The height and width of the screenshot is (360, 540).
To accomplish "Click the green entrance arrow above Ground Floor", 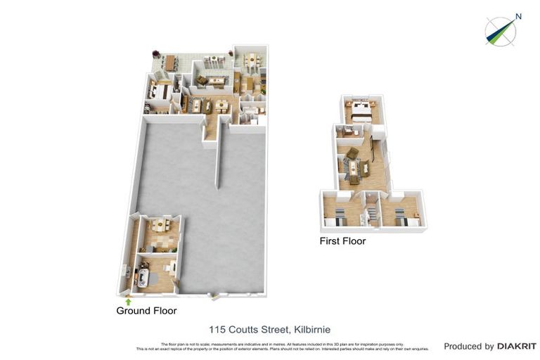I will point(127,301).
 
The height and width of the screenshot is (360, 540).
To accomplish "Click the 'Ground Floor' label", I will point(146,310).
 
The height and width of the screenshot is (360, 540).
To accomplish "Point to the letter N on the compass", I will point(518,16).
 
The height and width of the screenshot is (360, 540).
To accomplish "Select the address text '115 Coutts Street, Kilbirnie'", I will point(270,328).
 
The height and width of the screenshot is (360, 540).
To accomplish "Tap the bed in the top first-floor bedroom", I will point(363,110).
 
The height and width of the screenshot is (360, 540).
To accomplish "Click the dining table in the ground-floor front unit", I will point(160,226).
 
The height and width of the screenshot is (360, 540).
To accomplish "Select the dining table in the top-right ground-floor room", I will point(251,58).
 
